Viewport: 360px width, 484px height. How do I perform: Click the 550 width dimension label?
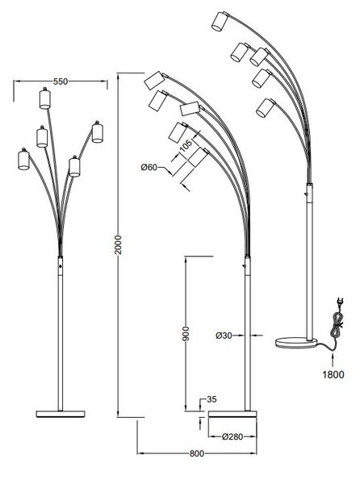tap(61, 81)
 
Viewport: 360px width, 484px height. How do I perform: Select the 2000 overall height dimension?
tap(118, 244)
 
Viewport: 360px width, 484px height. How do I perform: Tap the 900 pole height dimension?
tap(186, 334)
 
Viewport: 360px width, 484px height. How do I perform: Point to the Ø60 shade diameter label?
tap(149, 167)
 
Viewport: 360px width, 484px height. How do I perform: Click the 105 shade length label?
tap(186, 144)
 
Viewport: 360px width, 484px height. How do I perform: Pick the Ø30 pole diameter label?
tap(224, 336)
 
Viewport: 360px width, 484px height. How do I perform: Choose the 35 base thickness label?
tap(211, 399)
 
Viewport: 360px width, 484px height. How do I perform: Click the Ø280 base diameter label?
tap(232, 436)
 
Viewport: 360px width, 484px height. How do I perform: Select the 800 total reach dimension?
tap(197, 453)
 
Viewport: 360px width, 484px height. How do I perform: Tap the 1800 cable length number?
tap(333, 374)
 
